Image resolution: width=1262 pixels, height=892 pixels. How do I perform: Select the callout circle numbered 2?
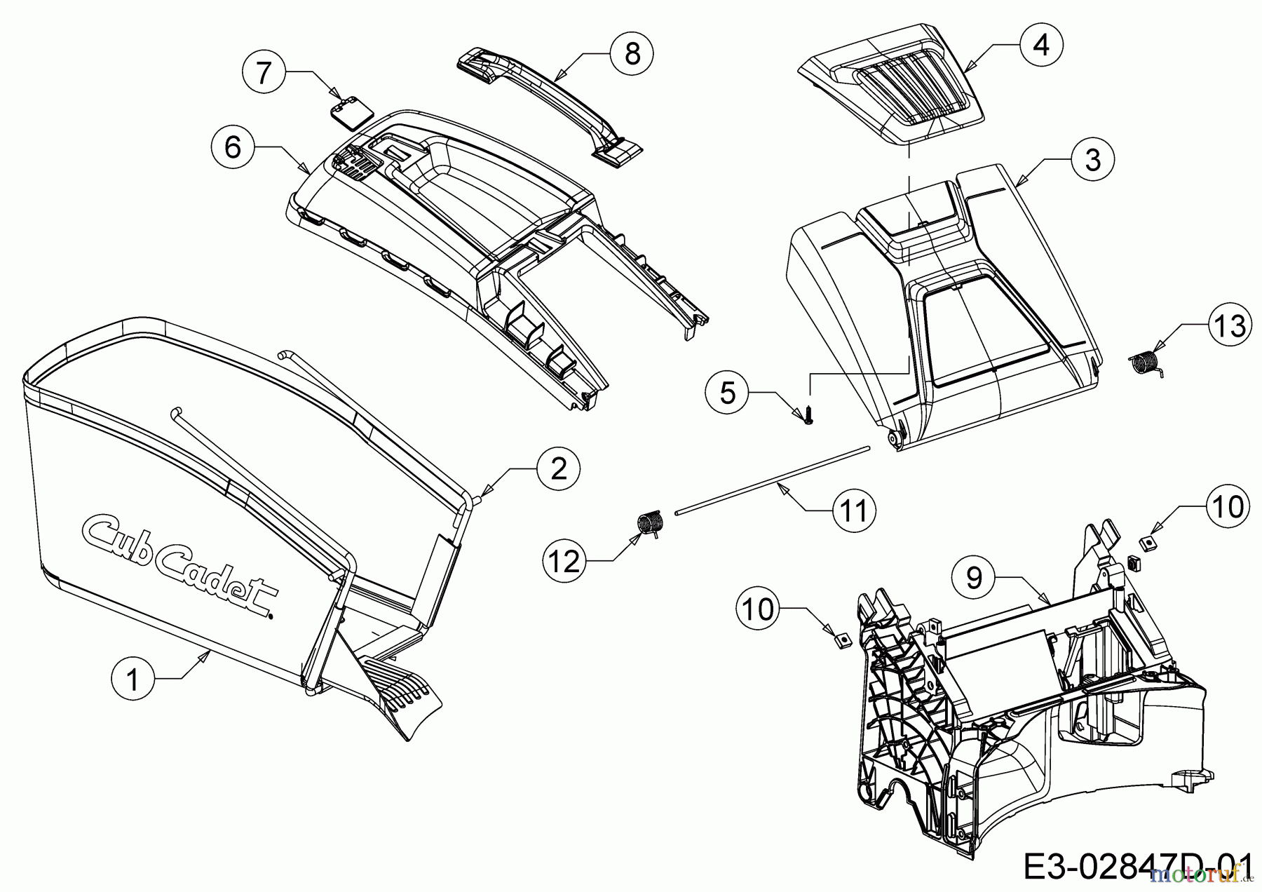558,468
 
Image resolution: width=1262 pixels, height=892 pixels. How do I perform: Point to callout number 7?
263,72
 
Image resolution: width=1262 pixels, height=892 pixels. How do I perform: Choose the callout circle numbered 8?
632,53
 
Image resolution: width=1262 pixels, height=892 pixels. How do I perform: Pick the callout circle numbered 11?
854,511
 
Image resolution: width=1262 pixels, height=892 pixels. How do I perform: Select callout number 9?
973,578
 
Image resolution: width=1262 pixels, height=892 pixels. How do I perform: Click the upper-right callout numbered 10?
1228,506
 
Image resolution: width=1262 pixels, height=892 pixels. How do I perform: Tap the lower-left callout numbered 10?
758,609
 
